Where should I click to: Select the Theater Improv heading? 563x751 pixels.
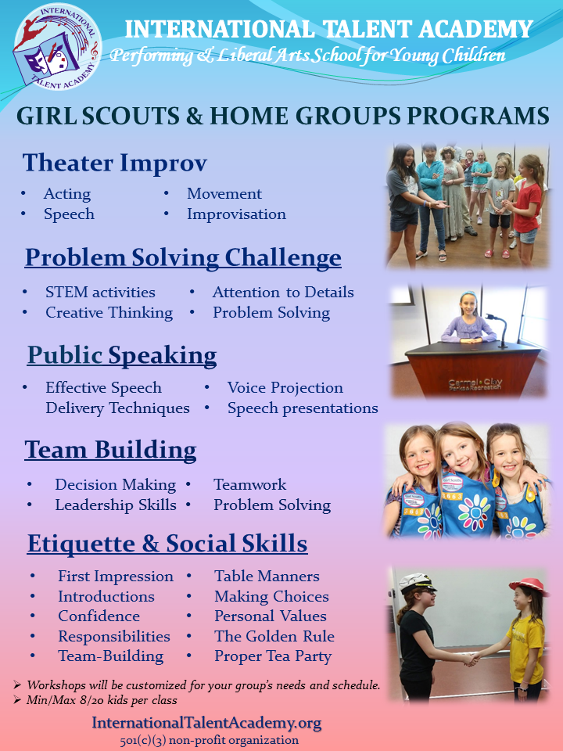tap(115, 163)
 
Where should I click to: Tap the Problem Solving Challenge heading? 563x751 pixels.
tap(183, 257)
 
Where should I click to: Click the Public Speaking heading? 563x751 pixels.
tap(122, 355)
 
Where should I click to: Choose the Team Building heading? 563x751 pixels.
tap(110, 450)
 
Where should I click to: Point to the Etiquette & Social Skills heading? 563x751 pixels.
tap(167, 543)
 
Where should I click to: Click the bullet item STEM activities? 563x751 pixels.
tap(100, 293)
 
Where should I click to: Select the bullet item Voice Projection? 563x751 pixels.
tap(285, 388)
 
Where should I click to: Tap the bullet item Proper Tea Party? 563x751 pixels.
tap(273, 656)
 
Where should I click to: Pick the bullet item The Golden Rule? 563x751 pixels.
tap(274, 636)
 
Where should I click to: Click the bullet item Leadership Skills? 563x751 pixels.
tap(116, 505)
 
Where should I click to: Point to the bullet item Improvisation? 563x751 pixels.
tap(236, 214)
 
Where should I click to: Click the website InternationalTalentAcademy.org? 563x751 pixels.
tap(206, 723)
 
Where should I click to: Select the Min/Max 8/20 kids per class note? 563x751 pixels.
tap(102, 700)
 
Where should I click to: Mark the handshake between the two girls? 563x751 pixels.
tap(472, 659)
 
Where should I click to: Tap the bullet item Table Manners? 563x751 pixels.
tap(267, 577)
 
